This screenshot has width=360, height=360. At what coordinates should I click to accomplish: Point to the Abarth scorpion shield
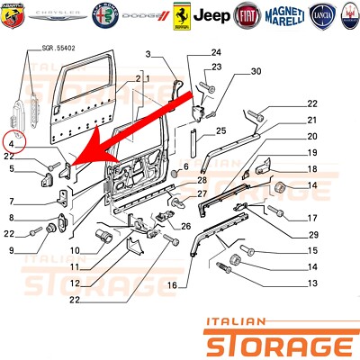click(x=15, y=13)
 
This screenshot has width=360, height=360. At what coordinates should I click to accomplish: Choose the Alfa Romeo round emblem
click(x=99, y=13)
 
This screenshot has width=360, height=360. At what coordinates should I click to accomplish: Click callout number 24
click(x=215, y=52)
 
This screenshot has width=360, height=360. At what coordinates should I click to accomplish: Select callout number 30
click(x=255, y=71)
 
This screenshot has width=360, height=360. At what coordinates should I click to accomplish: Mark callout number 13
click(x=312, y=283)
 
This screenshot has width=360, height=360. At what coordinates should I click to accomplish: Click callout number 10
click(x=76, y=249)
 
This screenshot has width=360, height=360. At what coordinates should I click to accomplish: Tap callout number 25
click(x=216, y=130)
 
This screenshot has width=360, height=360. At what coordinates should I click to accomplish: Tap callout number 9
click(x=10, y=249)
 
